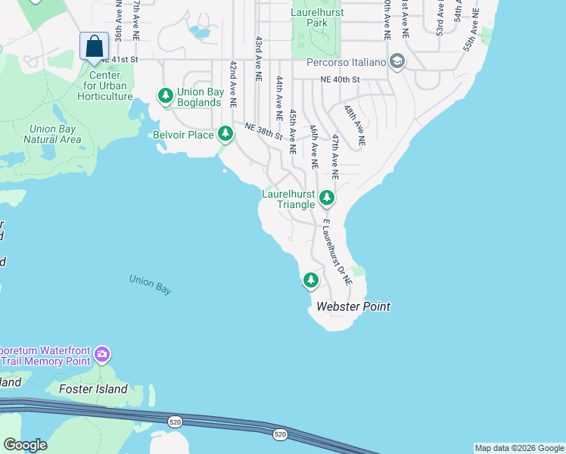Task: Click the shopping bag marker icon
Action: (94, 46)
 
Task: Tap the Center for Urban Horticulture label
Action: (104, 86)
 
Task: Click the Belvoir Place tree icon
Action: (225, 134)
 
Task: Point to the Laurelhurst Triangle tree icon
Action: (326, 198)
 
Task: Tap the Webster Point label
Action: (353, 306)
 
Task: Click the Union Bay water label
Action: (150, 284)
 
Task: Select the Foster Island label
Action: (93, 389)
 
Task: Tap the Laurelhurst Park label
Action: (318, 18)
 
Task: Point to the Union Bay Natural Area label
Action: (52, 134)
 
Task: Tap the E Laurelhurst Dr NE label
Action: (337, 252)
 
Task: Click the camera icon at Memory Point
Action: (102, 354)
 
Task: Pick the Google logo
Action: (25, 444)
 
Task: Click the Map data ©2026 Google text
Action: (519, 448)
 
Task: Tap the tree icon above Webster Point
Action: (310, 281)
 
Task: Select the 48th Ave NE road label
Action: (353, 125)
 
